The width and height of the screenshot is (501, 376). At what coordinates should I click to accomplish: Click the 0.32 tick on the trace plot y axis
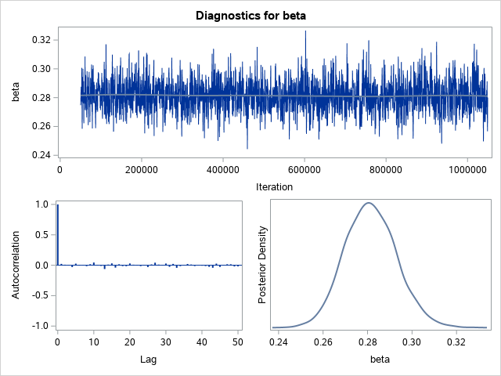pos(41,40)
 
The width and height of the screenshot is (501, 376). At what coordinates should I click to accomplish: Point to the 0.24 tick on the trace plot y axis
pos(41,154)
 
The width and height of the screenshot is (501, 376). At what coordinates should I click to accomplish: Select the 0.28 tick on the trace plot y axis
pos(41,97)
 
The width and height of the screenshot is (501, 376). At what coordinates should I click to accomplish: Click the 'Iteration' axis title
pos(274,186)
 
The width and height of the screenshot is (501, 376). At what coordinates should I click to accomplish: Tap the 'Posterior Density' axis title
pos(263,265)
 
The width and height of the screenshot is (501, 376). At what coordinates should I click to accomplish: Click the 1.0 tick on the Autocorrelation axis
pos(41,204)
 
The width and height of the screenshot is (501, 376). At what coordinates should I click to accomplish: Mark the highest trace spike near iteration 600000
pos(305,31)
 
